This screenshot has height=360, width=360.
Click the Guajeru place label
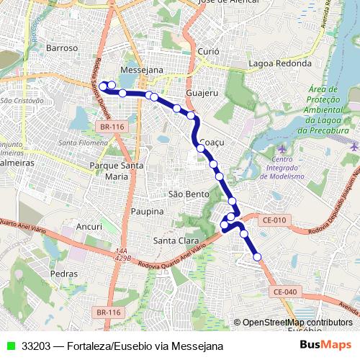click(201, 94)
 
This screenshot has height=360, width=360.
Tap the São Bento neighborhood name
click(188, 194)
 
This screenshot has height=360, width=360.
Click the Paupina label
click(148, 212)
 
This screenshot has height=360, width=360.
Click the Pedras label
click(64, 274)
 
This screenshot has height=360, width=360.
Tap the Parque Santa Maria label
click(117, 171)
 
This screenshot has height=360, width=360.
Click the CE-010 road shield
click(274, 219)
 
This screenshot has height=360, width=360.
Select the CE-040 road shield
click(285, 291)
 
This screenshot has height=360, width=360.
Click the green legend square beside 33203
click(9, 346)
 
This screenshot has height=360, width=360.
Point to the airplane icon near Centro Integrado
click(279, 148)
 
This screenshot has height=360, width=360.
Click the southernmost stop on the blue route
click(256, 256)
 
